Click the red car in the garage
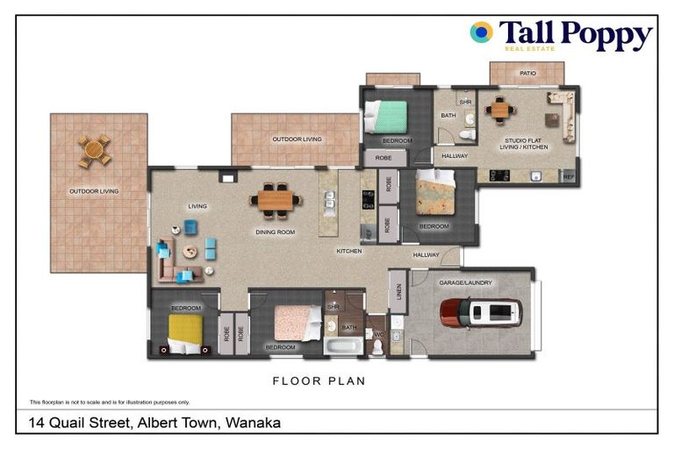[480, 312]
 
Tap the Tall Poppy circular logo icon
[480, 32]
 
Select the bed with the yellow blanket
[185, 332]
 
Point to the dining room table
[276, 201]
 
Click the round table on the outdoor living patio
[94, 151]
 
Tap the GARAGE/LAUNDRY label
[465, 283]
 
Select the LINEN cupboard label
[398, 289]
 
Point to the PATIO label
[527, 74]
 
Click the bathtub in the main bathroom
[342, 346]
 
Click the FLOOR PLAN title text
[319, 381]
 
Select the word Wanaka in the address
[254, 423]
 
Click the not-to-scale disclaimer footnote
[110, 402]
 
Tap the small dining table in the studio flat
[500, 110]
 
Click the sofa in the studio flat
[562, 114]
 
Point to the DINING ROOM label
[275, 232]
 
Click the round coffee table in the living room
[190, 251]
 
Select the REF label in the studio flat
[568, 176]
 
